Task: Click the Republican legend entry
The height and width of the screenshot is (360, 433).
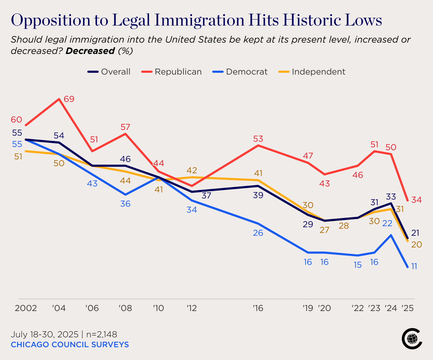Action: click(x=172, y=72)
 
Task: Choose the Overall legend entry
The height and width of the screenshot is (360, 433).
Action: click(x=109, y=72)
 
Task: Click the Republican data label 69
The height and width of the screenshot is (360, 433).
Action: click(x=69, y=99)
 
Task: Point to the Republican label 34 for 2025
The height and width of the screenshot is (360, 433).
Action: click(x=416, y=200)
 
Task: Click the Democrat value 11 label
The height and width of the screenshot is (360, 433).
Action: click(x=414, y=266)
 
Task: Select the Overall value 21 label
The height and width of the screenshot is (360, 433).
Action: click(x=415, y=233)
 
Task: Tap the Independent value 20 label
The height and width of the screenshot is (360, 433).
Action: click(x=416, y=245)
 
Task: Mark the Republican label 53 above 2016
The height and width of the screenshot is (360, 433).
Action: click(x=258, y=139)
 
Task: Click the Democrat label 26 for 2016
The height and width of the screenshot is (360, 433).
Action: click(x=258, y=233)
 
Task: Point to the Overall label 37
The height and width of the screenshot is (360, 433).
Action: click(x=207, y=196)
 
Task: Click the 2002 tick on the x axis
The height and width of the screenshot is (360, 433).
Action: click(x=26, y=308)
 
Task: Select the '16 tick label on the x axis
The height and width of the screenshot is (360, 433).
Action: click(x=258, y=308)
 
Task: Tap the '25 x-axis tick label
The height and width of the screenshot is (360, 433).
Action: click(x=407, y=308)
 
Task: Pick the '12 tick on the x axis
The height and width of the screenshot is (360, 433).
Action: click(x=192, y=308)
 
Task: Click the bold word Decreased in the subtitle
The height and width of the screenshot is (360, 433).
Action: click(x=90, y=51)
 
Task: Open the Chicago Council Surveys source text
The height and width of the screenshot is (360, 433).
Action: click(x=70, y=345)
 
